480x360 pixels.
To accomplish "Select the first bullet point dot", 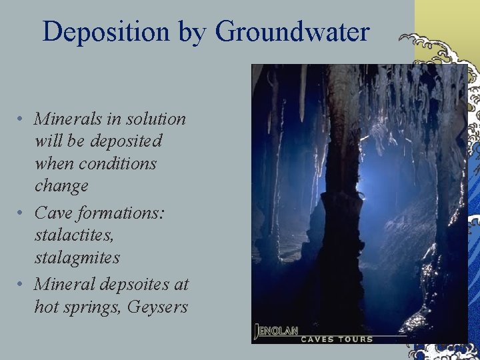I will pyautogui.click(x=22, y=119).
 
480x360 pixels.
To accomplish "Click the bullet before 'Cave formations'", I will pyautogui.click(x=22, y=213).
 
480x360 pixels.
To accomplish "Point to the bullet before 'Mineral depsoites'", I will pyautogui.click(x=22, y=285).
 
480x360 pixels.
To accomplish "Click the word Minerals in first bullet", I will pyautogui.click(x=65, y=119).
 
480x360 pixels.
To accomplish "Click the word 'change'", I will pyautogui.click(x=61, y=186).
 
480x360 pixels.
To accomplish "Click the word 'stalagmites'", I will pyautogui.click(x=77, y=257).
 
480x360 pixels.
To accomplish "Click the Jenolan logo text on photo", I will pyautogui.click(x=277, y=329).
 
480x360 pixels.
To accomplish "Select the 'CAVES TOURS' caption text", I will pyautogui.click(x=337, y=339).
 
